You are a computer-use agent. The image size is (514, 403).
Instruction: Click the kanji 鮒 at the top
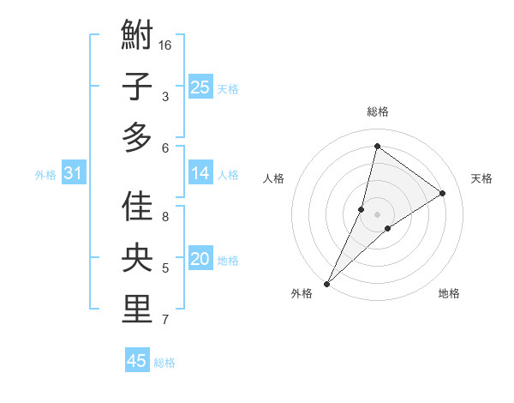(x=137, y=37)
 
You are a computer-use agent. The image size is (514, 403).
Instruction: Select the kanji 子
(x=137, y=87)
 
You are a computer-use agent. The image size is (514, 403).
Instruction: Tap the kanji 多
(x=137, y=137)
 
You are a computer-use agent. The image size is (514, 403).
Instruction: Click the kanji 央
(x=137, y=258)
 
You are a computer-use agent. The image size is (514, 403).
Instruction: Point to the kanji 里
(x=137, y=309)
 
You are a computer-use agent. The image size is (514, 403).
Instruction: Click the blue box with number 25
(x=200, y=87)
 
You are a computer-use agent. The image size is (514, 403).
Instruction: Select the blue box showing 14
(x=200, y=173)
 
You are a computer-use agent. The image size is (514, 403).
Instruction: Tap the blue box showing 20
(x=200, y=259)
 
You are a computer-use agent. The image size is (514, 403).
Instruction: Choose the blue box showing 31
(x=73, y=173)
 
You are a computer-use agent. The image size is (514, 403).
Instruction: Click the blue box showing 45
(x=137, y=361)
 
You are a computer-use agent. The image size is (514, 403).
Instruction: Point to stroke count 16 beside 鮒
(x=166, y=45)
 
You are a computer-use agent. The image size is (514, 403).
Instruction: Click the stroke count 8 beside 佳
(x=165, y=217)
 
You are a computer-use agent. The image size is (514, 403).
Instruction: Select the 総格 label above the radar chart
(x=378, y=111)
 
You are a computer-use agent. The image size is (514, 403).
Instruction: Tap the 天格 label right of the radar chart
(x=481, y=178)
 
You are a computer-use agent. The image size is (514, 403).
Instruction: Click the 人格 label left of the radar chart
(x=273, y=178)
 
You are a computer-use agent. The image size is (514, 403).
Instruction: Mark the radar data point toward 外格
(x=326, y=283)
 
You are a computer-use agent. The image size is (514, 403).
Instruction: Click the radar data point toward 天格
(x=442, y=194)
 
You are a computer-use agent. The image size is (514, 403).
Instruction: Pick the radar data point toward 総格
(x=377, y=147)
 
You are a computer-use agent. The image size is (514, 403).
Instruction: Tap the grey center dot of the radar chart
(x=378, y=214)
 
